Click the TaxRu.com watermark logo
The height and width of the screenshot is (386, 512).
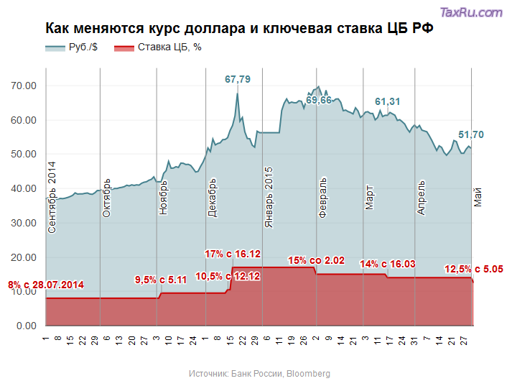[470, 12]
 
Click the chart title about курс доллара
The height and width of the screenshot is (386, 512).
[239, 29]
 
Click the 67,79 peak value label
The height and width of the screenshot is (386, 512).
[238, 79]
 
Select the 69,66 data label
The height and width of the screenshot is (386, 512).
[319, 100]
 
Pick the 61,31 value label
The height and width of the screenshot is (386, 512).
[388, 101]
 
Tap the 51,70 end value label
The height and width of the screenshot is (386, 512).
[471, 134]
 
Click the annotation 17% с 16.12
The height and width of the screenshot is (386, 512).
[233, 254]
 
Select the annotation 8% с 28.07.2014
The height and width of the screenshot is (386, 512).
[46, 285]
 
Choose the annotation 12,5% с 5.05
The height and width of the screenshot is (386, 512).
[474, 269]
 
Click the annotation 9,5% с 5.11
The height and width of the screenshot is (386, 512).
[161, 280]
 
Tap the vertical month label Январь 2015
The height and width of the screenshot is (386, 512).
[269, 198]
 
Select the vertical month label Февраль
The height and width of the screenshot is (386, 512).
[322, 197]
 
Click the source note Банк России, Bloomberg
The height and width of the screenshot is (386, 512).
[259, 374]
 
